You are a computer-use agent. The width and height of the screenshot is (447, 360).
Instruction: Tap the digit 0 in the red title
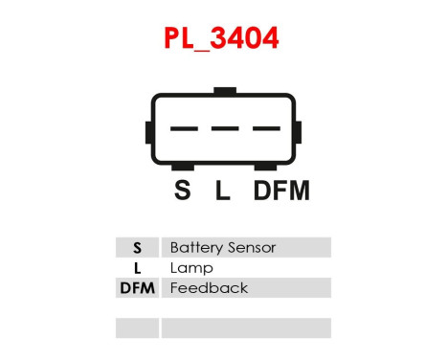click(251, 40)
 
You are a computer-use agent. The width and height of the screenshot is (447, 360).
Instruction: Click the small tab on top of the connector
click(225, 91)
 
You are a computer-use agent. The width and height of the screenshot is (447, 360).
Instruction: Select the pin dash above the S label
click(184, 128)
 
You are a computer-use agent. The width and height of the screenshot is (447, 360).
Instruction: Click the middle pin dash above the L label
click(224, 128)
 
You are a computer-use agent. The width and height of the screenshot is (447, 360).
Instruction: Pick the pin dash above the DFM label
click(265, 128)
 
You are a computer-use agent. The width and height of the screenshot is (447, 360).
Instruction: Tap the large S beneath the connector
click(183, 191)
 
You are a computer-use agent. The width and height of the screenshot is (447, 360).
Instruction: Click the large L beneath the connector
click(223, 191)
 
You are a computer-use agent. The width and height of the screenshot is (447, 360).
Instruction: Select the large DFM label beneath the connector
click(281, 191)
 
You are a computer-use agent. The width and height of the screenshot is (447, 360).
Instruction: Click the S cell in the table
click(137, 247)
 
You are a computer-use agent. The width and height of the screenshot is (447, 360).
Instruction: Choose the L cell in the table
click(137, 267)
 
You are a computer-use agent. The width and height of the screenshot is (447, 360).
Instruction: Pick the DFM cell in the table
click(137, 287)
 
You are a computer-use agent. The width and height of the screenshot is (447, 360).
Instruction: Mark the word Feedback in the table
click(208, 287)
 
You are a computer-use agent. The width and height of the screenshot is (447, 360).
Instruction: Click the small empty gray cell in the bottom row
click(137, 327)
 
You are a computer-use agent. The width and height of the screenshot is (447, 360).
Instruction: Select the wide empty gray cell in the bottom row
click(246, 327)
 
